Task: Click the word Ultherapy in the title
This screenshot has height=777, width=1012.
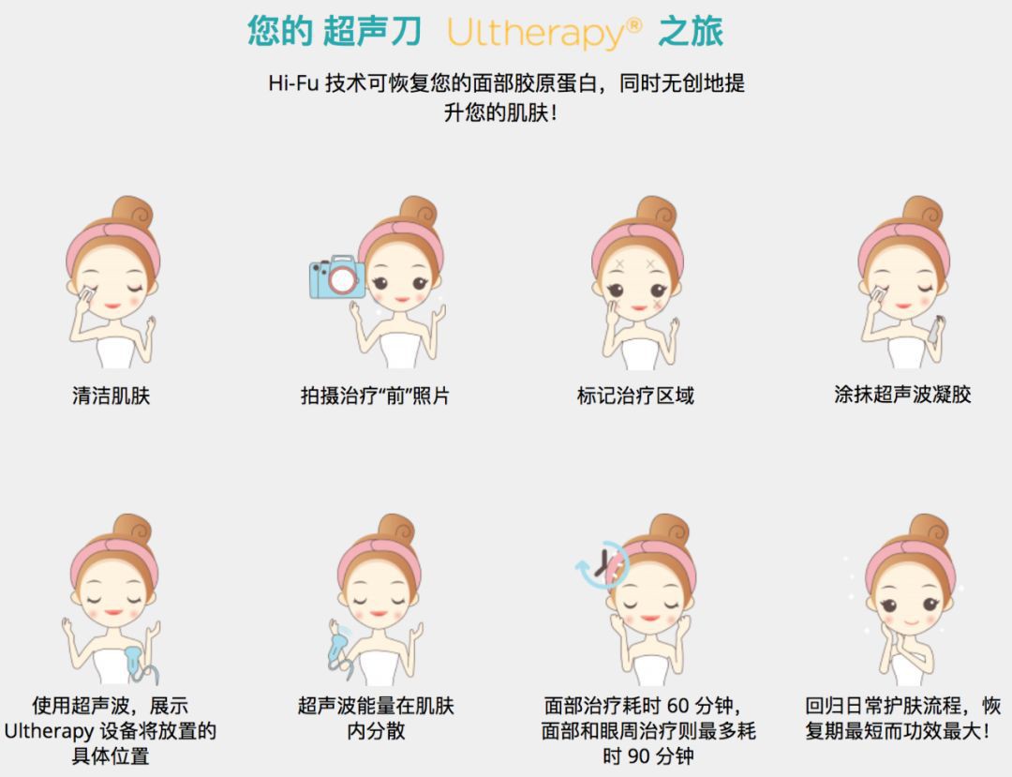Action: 534,33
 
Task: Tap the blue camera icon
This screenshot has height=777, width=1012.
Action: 337,276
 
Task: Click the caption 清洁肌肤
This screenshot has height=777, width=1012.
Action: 111,396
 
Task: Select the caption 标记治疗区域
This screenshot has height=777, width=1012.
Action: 635,396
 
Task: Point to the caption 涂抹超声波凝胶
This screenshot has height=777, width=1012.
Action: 902,395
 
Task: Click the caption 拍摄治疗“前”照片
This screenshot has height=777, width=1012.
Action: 375,396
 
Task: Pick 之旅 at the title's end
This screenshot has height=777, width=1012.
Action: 691,32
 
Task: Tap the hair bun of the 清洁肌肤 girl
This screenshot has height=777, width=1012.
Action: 131,214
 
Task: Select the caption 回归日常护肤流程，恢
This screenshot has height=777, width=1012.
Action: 902,705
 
